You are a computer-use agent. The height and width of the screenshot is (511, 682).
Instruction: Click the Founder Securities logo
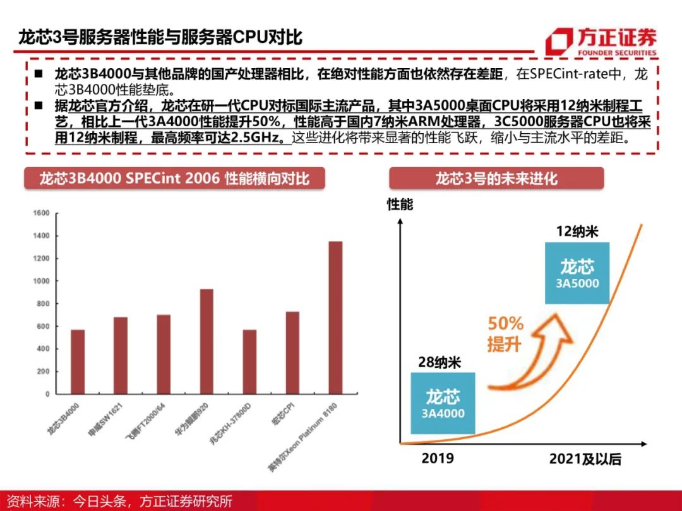[x=601, y=42]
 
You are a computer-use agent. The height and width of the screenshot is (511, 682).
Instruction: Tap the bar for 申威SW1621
[x=121, y=355]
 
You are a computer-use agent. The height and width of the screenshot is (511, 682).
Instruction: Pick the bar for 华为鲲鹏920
[x=206, y=341]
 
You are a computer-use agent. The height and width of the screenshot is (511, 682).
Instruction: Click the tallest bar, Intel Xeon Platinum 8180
[x=335, y=317]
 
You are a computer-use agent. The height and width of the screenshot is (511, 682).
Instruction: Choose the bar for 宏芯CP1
[x=292, y=353]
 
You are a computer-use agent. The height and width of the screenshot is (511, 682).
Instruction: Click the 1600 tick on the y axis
[x=41, y=213]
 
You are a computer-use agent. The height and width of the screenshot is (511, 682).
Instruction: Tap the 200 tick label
[x=43, y=371]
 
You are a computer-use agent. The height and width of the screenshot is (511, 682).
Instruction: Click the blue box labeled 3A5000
[x=577, y=273]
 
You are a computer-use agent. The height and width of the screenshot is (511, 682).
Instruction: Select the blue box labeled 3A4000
[x=443, y=403]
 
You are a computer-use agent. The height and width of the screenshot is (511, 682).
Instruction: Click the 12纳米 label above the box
[x=577, y=232]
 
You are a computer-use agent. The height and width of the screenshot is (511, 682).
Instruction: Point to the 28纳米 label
[x=440, y=362]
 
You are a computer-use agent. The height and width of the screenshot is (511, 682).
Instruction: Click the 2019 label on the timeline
[x=438, y=458]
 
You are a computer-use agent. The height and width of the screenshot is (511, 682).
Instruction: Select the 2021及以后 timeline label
[x=585, y=459]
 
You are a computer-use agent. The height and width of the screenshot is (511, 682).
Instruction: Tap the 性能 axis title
[x=400, y=204]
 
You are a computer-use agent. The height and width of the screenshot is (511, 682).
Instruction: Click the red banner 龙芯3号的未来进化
[x=496, y=179]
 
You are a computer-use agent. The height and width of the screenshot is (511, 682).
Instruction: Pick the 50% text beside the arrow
[x=505, y=324]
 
